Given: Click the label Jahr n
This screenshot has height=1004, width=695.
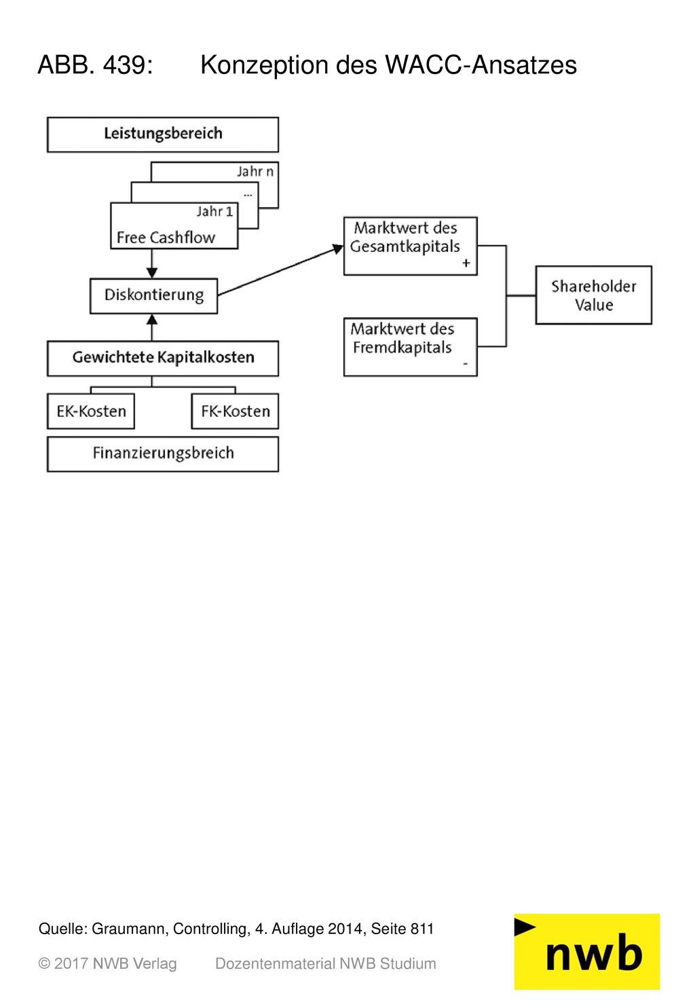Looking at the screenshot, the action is (255, 172).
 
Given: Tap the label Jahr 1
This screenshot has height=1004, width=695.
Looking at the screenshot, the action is (215, 211).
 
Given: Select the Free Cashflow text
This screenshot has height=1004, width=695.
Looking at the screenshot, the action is (166, 237).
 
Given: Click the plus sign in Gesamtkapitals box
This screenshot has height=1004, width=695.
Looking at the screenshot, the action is (466, 263).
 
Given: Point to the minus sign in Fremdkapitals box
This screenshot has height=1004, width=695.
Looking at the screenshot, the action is (466, 363).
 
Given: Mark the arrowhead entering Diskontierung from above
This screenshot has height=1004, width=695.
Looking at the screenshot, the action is (152, 272).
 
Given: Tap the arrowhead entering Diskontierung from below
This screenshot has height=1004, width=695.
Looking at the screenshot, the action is (152, 319).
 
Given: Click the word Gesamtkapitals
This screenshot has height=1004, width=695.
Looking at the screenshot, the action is (405, 246).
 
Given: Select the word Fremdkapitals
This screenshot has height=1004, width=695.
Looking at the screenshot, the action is (402, 348).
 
